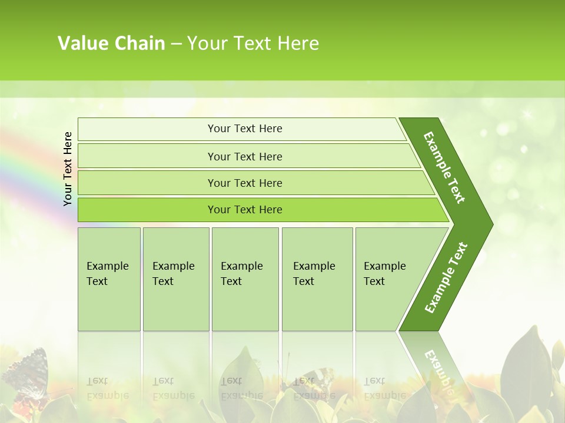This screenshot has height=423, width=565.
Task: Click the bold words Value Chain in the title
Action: tap(111, 43)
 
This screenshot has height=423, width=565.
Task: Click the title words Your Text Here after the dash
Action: tap(253, 43)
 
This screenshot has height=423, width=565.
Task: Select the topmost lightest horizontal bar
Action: tap(241, 129)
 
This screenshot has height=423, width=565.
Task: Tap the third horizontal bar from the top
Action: tap(253, 183)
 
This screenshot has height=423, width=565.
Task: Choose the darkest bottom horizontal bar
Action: tap(259, 210)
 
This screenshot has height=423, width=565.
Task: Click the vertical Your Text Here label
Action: tap(68, 169)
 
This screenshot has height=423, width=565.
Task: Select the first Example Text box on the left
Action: tap(109, 279)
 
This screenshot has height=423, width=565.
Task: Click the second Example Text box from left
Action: tap(175, 279)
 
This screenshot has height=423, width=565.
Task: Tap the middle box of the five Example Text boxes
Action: tap(245, 279)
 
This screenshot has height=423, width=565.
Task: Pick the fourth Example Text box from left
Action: tap(317, 279)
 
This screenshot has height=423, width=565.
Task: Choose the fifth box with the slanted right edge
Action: tap(388, 279)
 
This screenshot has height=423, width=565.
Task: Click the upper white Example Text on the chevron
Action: tap(444, 167)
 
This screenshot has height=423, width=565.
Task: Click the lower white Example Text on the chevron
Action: tap(446, 277)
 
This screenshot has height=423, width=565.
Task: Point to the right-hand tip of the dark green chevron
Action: tap(491, 224)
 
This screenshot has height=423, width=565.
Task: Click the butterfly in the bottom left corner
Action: tap(26, 373)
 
